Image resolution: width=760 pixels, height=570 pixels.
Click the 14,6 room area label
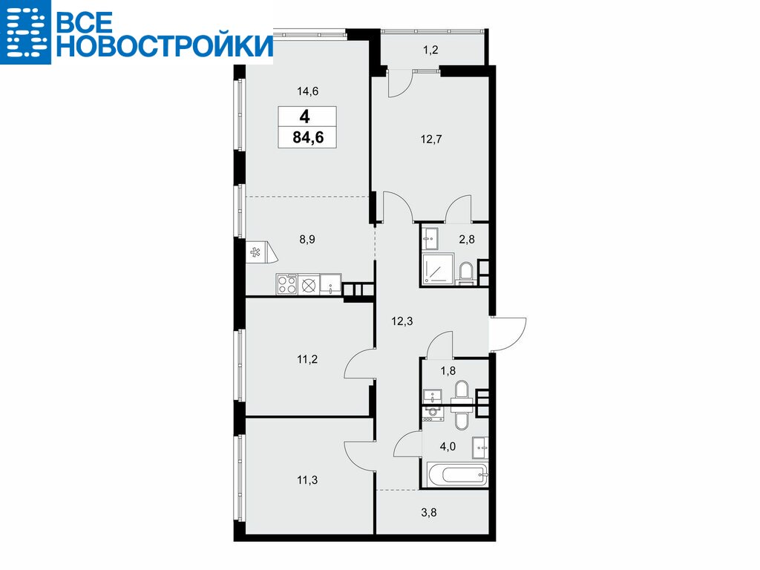[308, 91]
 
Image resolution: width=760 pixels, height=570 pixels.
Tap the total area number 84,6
[308, 137]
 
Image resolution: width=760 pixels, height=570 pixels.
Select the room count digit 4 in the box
[304, 117]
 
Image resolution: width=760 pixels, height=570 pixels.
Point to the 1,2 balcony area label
[430, 50]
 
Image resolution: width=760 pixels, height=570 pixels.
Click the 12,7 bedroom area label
[431, 140]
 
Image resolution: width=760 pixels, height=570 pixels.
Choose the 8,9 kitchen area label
[307, 240]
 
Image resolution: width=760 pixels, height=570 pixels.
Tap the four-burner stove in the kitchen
[286, 284]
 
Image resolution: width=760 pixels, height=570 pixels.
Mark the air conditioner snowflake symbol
[255, 252]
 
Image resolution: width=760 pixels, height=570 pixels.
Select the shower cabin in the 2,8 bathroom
[438, 269]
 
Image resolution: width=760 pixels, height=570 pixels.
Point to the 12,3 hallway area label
[402, 321]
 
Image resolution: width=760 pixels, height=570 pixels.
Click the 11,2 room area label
[307, 360]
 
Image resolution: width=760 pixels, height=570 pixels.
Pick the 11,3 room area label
[307, 480]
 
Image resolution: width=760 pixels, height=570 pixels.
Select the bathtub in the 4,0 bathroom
[457, 474]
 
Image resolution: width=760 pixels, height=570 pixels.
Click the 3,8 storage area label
[429, 512]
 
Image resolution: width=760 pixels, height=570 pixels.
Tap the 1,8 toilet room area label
[448, 371]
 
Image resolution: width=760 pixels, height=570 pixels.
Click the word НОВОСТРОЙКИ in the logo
[165, 46]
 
